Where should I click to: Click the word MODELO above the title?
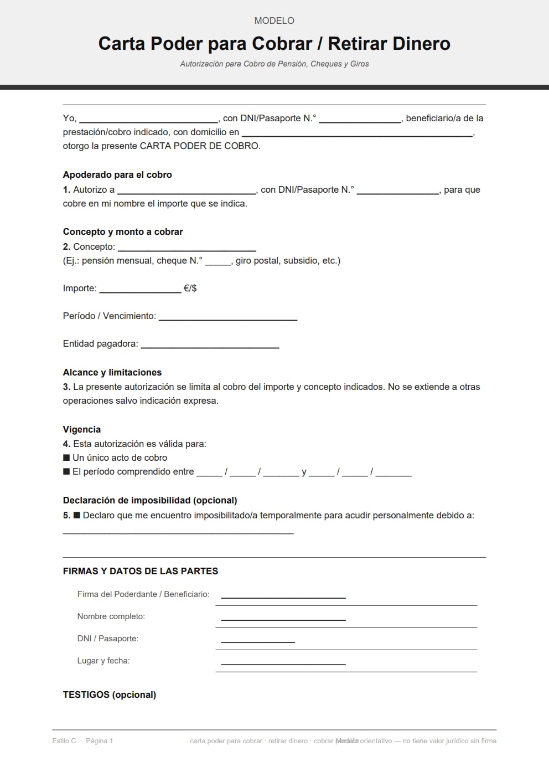point(274,20)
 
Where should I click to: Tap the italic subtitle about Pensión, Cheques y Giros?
point(274,64)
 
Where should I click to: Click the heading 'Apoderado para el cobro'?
point(117,174)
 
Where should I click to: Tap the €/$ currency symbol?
point(190,288)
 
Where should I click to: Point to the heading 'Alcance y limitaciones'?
point(112,372)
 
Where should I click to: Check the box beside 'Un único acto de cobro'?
point(66,457)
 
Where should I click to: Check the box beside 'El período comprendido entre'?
point(66,471)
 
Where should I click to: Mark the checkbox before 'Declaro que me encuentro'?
point(77,515)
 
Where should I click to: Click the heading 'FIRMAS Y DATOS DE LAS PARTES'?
point(141,571)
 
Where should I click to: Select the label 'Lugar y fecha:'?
point(103,661)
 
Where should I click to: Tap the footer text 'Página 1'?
point(99,740)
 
